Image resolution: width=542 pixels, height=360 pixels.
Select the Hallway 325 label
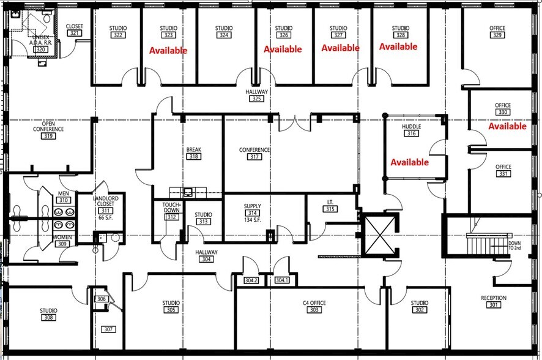tap(256, 95)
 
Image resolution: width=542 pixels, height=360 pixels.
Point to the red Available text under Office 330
tap(507, 126)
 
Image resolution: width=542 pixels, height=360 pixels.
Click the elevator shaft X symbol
tap(378, 236)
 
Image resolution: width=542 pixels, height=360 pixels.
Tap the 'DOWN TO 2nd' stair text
tap(515, 247)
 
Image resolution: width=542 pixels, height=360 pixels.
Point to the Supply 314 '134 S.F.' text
tap(252, 220)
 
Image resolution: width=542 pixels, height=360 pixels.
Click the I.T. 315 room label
tap(330, 206)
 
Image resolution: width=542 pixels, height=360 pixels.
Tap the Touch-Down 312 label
tap(172, 211)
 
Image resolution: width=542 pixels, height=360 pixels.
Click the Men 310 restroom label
tap(64, 197)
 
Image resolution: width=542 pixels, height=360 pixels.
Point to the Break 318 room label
tap(194, 153)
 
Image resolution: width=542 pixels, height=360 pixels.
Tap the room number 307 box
tap(108, 329)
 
